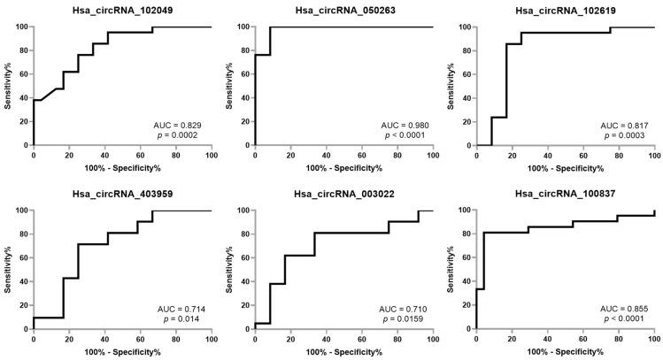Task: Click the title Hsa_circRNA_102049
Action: (122, 8)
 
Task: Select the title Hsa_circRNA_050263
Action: (343, 8)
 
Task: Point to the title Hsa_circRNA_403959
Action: (122, 194)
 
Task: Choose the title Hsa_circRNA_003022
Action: (343, 194)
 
